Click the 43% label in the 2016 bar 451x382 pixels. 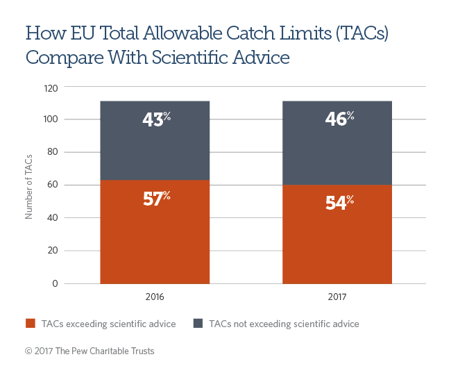pyautogui.click(x=155, y=119)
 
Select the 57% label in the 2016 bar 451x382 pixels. pyautogui.click(x=155, y=199)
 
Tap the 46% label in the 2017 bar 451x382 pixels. pyautogui.click(x=338, y=119)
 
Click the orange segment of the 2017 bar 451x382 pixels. pyautogui.click(x=338, y=243)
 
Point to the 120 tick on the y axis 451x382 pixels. pyautogui.click(x=51, y=88)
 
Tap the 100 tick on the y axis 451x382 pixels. pyautogui.click(x=51, y=120)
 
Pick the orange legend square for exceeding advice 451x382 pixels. pyautogui.click(x=30, y=324)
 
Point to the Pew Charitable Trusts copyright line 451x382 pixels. pyautogui.click(x=90, y=351)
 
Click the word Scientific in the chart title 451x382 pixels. pyautogui.click(x=192, y=57)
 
